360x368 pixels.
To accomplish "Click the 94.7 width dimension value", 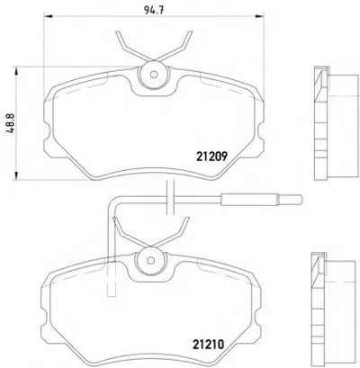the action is [x=154, y=11].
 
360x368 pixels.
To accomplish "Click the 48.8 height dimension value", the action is [x=11, y=123].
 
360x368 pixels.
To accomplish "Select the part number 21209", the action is [x=211, y=157].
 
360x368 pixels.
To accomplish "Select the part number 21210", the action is [x=208, y=345].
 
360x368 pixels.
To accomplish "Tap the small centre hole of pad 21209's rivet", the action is [x=154, y=75].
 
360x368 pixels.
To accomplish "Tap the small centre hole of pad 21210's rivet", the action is [x=150, y=260].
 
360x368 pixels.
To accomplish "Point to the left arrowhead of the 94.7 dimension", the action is [x=48, y=16].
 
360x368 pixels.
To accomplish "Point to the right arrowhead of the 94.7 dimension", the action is [x=260, y=15].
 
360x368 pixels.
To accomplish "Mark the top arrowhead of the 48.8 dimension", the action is [x=16, y=71].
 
